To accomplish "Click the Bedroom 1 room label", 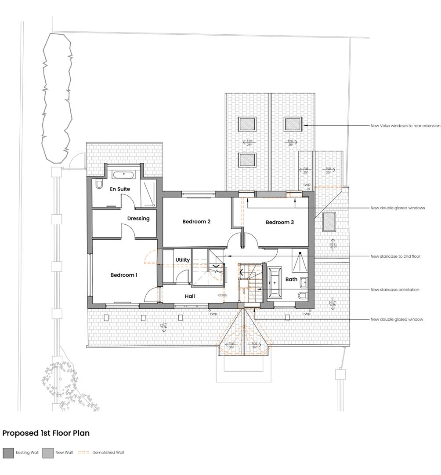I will pos(124,275).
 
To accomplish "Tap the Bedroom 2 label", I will pos(196,222).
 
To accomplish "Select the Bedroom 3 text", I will pos(280,222).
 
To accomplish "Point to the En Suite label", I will pos(120,189).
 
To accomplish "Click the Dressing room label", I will pos(138,218).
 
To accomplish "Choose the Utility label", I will pos(183,260).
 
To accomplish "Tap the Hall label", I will pos(190,296).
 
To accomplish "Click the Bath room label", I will pos(291,279).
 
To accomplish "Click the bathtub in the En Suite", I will pos(124,175).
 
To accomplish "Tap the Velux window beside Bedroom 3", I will pos(329,222).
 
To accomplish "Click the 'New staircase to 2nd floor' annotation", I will pos(395,256).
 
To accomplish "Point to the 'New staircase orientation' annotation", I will pos(394,289).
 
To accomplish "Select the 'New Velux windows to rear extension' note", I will pos(405,126).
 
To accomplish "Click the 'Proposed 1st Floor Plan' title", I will pos(46,433).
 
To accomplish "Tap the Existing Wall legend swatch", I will pos(8,453).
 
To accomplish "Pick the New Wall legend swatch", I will pos(47,453).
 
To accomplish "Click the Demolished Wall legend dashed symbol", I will pos(83,453).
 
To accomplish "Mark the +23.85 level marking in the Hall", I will pos(222,295).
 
